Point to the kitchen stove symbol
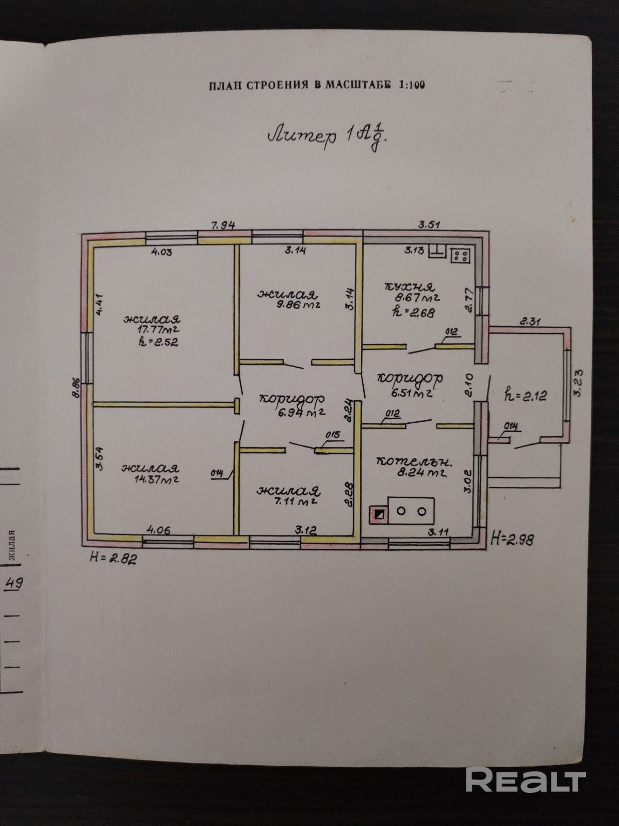[x=461, y=255]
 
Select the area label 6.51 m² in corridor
[x=411, y=393]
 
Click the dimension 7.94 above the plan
[x=224, y=225]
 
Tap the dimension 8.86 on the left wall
[x=76, y=388]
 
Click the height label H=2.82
[x=113, y=557]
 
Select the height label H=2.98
[x=512, y=540]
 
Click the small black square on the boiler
[x=379, y=514]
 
